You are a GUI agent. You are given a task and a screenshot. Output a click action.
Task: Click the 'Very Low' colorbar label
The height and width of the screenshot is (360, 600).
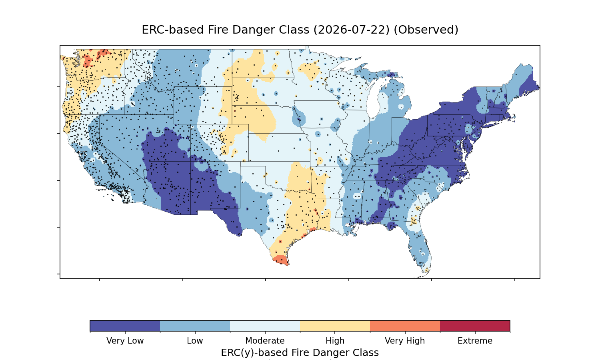[125, 341]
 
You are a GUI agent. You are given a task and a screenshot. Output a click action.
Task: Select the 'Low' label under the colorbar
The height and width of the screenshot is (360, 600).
[195, 341]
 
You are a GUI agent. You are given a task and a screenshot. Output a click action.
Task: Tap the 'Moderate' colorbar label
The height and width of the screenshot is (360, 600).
[265, 341]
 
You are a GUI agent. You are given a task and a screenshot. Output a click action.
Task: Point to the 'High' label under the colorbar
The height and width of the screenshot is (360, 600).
[335, 341]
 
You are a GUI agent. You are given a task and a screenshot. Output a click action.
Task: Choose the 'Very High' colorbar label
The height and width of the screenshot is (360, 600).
[405, 341]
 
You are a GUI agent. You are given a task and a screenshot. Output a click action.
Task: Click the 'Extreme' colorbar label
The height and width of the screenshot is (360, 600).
[475, 341]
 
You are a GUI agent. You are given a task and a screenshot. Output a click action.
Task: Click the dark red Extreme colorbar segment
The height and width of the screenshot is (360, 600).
[475, 326]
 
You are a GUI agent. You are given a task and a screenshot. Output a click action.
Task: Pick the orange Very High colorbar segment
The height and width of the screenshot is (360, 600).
[405, 326]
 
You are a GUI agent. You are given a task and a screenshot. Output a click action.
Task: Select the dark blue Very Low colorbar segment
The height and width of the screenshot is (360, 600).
[125, 326]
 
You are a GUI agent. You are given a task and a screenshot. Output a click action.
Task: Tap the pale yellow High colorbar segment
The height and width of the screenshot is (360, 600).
[335, 326]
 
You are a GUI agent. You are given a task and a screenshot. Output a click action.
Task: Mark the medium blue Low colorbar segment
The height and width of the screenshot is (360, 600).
[195, 326]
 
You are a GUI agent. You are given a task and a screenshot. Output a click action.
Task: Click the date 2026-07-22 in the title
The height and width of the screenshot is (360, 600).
[352, 30]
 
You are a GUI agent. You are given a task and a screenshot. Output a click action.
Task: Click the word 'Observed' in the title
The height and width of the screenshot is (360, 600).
[426, 30]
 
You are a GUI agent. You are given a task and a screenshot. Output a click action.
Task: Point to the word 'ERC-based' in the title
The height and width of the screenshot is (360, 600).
[172, 30]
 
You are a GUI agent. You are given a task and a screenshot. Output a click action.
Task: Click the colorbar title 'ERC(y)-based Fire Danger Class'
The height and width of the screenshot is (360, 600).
[300, 353]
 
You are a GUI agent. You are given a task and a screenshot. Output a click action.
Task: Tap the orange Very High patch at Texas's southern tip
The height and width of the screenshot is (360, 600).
[280, 260]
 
